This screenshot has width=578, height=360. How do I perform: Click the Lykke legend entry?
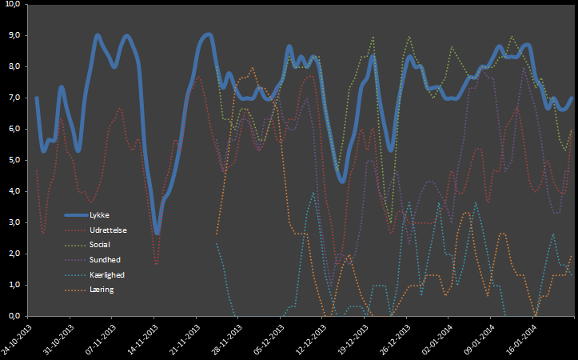click(100, 215)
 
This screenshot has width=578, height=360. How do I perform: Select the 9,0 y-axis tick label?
click(16, 36)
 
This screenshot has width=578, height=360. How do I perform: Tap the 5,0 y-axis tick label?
click(16, 160)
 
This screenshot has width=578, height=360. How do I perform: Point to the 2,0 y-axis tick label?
click(16, 254)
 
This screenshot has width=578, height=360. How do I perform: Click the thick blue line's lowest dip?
click(157, 232)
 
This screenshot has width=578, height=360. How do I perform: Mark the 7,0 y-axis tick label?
click(16, 98)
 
